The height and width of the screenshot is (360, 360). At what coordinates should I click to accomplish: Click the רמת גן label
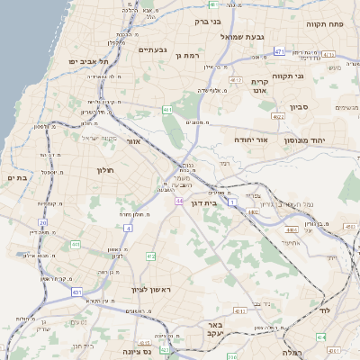pyautogui.click(x=188, y=55)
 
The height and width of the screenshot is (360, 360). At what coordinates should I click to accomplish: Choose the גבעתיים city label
pyautogui.click(x=154, y=49)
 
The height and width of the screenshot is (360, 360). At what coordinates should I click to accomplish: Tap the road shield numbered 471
pyautogui.click(x=279, y=51)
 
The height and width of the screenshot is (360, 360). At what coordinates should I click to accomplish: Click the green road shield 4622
pyautogui.click(x=279, y=116)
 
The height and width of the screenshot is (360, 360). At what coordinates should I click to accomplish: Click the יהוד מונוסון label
pyautogui.click(x=303, y=140)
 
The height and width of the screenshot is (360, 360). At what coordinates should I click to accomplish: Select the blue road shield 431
pyautogui.click(x=77, y=292)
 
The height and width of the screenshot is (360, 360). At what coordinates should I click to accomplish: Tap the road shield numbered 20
pyautogui.click(x=42, y=221)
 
